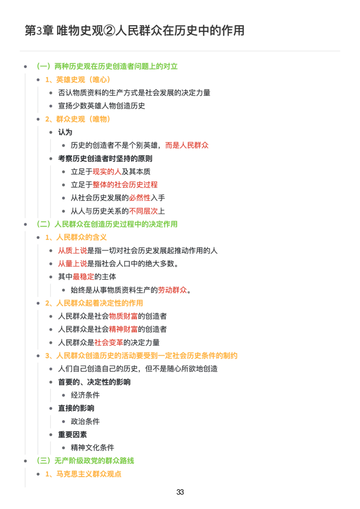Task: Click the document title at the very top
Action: coord(133,29)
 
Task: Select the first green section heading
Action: coord(117,67)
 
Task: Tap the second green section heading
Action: coord(117,224)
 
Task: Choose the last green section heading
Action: coord(95,461)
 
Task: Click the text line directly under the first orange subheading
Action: coord(135,93)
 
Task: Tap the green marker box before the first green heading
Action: coord(43,67)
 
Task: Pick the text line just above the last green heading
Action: coord(92,448)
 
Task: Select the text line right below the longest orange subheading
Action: coord(138,369)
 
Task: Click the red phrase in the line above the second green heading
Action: coord(144,210)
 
